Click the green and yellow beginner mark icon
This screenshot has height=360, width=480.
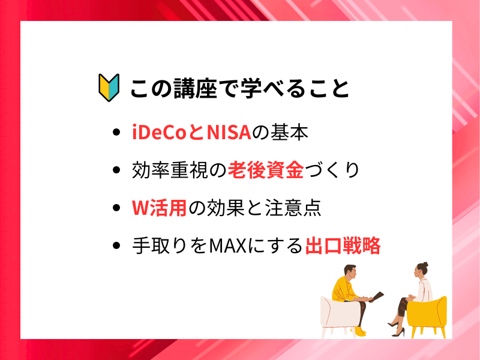coord(109,88)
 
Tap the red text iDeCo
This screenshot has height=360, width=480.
coord(159,132)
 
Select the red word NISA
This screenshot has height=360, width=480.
coord(229,132)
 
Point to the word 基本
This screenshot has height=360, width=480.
coord(289,132)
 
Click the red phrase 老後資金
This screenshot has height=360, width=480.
coord(266,170)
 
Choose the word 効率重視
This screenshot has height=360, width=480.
coord(170,170)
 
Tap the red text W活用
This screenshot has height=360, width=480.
coord(159,208)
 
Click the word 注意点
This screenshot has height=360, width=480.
coord(293,208)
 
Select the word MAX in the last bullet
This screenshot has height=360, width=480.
coord(228,245)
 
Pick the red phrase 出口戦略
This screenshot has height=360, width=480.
coord(343,245)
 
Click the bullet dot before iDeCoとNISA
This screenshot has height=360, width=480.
coord(116,132)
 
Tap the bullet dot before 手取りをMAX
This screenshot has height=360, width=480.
coord(116,245)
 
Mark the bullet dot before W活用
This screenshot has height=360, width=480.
coord(116,208)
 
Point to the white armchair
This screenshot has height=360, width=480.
coord(340,316)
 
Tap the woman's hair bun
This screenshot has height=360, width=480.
coord(425,265)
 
